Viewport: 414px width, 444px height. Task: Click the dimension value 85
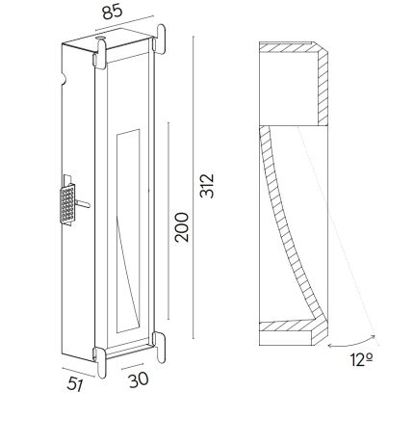(x=113, y=12)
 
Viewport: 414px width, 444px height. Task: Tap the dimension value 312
(x=207, y=186)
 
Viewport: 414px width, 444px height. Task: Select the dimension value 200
(x=182, y=227)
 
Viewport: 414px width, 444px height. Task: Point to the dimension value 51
(x=75, y=384)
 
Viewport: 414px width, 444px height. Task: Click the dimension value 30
(x=139, y=379)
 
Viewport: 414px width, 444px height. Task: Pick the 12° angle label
(x=362, y=360)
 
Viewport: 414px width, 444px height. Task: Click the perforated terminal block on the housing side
(x=67, y=203)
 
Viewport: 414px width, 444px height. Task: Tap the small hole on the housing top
(x=100, y=39)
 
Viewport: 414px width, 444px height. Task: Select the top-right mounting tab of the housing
(x=161, y=39)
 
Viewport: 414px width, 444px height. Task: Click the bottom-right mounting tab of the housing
(x=160, y=347)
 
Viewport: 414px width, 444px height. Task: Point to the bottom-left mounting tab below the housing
(x=100, y=363)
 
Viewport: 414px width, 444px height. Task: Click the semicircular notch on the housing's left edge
(x=64, y=80)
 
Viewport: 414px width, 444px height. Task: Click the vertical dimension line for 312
(x=194, y=187)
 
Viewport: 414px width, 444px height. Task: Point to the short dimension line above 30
(x=132, y=366)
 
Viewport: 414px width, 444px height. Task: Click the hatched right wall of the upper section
(x=323, y=87)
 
